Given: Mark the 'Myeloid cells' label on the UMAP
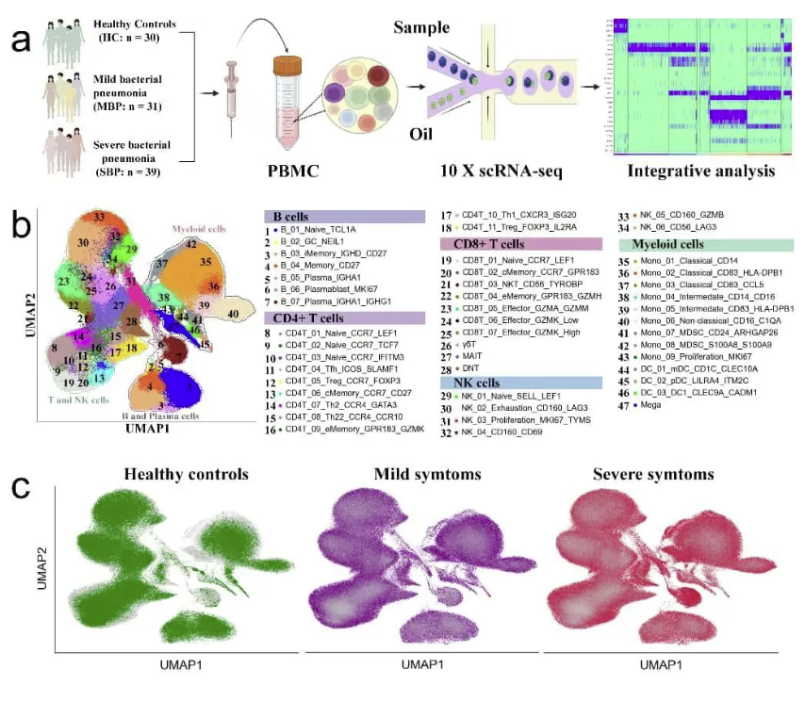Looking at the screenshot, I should pyautogui.click(x=198, y=229).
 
